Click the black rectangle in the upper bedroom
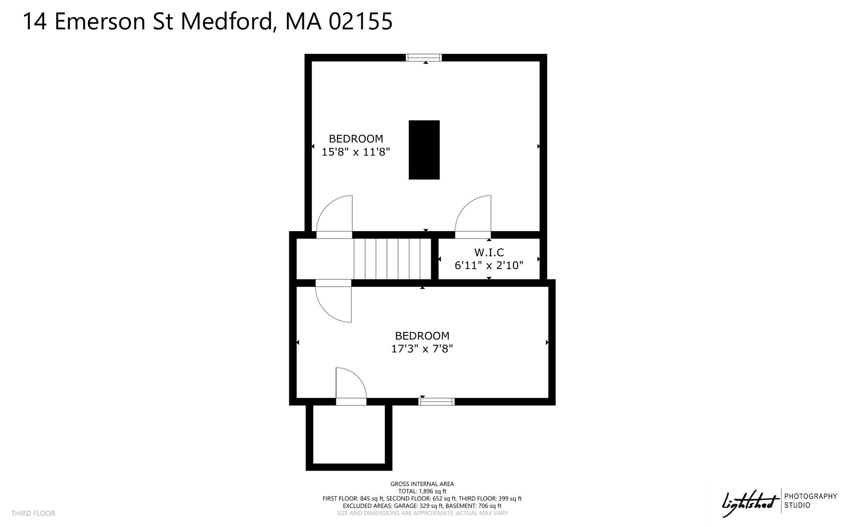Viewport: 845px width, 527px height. [x=424, y=150]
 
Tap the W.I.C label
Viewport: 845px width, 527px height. [x=489, y=252]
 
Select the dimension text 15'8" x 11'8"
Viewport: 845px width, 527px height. [x=356, y=152]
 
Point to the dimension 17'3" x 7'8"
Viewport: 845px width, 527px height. [x=422, y=349]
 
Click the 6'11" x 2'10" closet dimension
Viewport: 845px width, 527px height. [x=489, y=265]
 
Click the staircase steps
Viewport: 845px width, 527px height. [x=392, y=259]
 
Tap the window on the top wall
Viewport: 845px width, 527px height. [x=424, y=58]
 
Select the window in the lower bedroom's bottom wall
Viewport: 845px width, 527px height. [x=437, y=402]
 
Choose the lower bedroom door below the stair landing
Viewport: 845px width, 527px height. [x=333, y=303]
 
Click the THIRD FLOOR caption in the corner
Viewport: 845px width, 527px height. [x=33, y=513]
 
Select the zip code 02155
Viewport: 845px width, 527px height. [x=360, y=21]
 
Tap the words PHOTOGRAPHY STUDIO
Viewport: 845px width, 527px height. [x=810, y=501]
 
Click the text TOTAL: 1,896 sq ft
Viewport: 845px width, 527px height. [x=422, y=491]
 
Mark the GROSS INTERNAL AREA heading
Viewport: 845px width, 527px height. [x=422, y=484]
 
